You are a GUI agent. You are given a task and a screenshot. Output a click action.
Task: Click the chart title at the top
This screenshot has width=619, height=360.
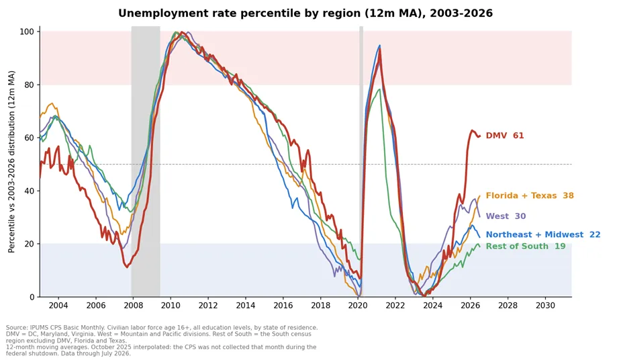coord(305,13)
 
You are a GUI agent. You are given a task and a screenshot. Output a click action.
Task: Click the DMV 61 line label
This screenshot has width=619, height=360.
coord(504,136)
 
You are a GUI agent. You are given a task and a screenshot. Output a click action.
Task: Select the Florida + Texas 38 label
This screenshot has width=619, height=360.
coord(530,195)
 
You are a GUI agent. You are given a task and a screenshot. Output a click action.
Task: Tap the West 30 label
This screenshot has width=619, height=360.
coord(506,216)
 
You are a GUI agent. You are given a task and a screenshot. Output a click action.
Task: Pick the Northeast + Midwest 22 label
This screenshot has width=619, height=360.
coord(543,234)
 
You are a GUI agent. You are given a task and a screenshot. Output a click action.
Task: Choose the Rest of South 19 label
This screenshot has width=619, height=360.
coord(526,246)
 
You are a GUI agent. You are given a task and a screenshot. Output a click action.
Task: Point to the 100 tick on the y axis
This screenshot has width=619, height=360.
coord(28,32)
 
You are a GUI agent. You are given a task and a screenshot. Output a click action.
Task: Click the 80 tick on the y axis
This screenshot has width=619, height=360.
coord(30,85)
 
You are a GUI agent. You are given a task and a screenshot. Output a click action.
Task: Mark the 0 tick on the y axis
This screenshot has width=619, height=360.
coord(32,297)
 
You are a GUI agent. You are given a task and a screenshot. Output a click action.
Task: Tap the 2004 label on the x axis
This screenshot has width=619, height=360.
coord(58,306)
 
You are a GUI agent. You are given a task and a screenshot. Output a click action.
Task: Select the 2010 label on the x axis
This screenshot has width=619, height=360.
coord(171,306)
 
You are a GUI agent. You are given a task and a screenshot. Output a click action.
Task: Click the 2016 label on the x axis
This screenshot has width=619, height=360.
coord(283,306)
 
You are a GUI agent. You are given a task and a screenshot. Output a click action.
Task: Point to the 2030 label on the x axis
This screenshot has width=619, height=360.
coord(545,306)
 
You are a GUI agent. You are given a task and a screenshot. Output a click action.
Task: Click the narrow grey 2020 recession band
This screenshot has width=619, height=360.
coord(361,161)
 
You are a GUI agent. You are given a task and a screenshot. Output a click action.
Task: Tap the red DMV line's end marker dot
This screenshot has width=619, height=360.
coord(479,136)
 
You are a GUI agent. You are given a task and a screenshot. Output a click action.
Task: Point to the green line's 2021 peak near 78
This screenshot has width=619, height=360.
coord(379,89)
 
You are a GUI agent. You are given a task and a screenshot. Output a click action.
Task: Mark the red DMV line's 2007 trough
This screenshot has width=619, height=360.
coord(127,267)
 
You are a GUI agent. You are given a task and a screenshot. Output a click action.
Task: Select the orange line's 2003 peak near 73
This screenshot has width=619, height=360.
coord(52,103)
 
